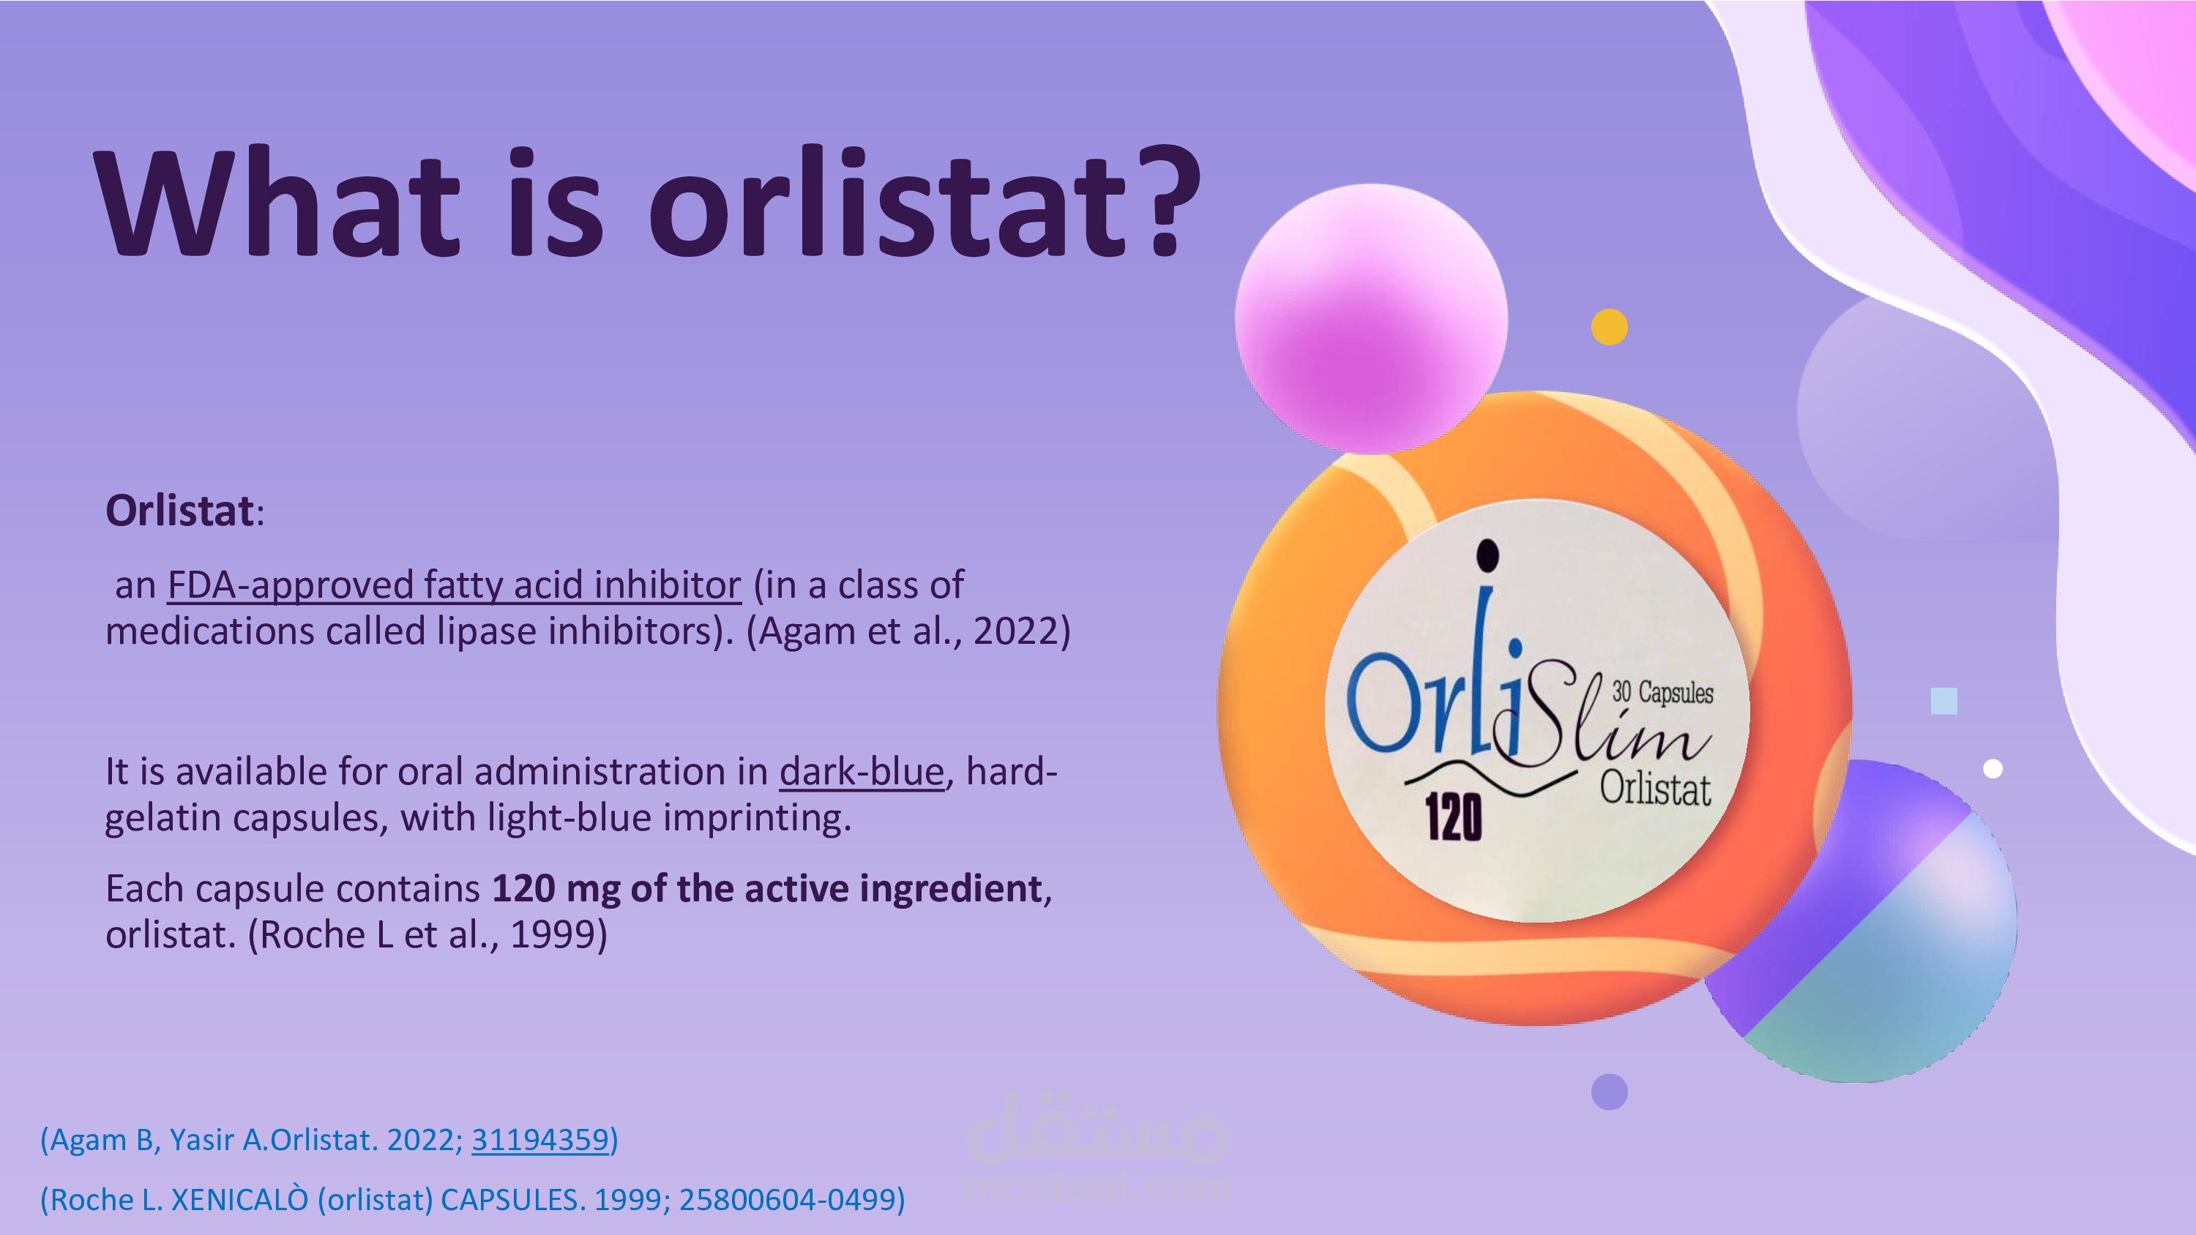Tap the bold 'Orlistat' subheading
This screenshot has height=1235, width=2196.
[x=180, y=511]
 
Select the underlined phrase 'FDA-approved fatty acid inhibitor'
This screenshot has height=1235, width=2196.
[x=455, y=585]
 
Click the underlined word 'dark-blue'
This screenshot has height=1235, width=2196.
[x=862, y=771]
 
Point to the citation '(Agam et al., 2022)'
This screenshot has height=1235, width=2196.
[x=908, y=631]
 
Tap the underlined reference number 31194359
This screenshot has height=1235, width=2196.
[x=540, y=1140]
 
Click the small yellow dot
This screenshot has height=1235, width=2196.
[x=1610, y=326]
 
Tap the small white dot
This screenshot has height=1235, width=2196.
[x=1993, y=769]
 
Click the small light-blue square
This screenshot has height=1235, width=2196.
[x=1943, y=701]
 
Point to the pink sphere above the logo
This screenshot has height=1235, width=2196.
[x=1371, y=318]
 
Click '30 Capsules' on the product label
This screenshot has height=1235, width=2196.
[x=1662, y=692]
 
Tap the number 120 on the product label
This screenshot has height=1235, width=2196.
[x=1454, y=817]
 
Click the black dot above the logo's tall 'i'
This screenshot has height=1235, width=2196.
[x=1487, y=554]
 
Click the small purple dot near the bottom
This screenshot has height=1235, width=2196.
[x=1610, y=1092]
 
